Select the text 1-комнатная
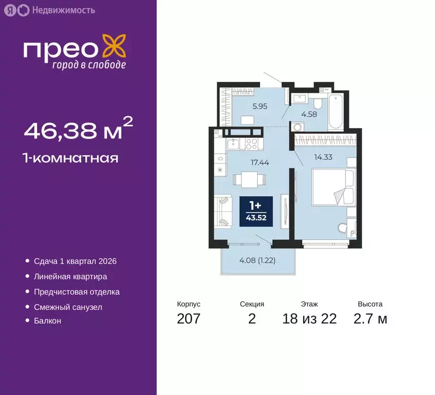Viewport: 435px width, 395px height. coord(71,158)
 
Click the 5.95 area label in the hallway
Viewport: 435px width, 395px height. coord(245,107)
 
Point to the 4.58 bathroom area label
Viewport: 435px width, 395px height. coord(309,114)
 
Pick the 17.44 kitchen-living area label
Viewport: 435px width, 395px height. coord(260,162)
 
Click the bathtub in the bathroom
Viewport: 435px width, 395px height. coord(336,111)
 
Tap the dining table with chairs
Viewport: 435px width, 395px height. coord(249,179)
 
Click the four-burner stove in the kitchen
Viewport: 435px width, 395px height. coord(252,142)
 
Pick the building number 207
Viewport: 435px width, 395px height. coord(188,319)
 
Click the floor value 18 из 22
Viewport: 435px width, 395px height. coord(309,319)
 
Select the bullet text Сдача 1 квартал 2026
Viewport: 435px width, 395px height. coord(75,261)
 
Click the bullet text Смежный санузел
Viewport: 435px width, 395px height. coord(68,307)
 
